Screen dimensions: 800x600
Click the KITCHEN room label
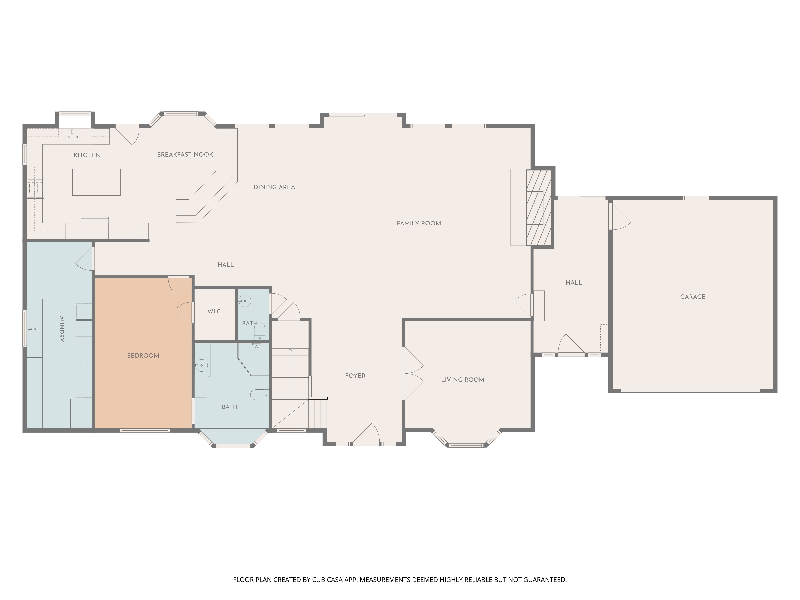click(x=87, y=155)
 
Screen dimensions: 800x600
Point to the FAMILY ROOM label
click(x=419, y=224)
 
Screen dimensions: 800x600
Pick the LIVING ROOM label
click(x=463, y=380)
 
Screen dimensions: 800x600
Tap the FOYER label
click(x=355, y=376)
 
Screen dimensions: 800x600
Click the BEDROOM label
click(x=143, y=356)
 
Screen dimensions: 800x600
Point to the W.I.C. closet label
click(x=215, y=311)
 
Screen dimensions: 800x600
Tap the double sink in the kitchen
click(x=72, y=137)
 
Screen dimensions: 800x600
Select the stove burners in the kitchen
click(x=35, y=188)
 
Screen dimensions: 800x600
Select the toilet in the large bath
click(x=260, y=395)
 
